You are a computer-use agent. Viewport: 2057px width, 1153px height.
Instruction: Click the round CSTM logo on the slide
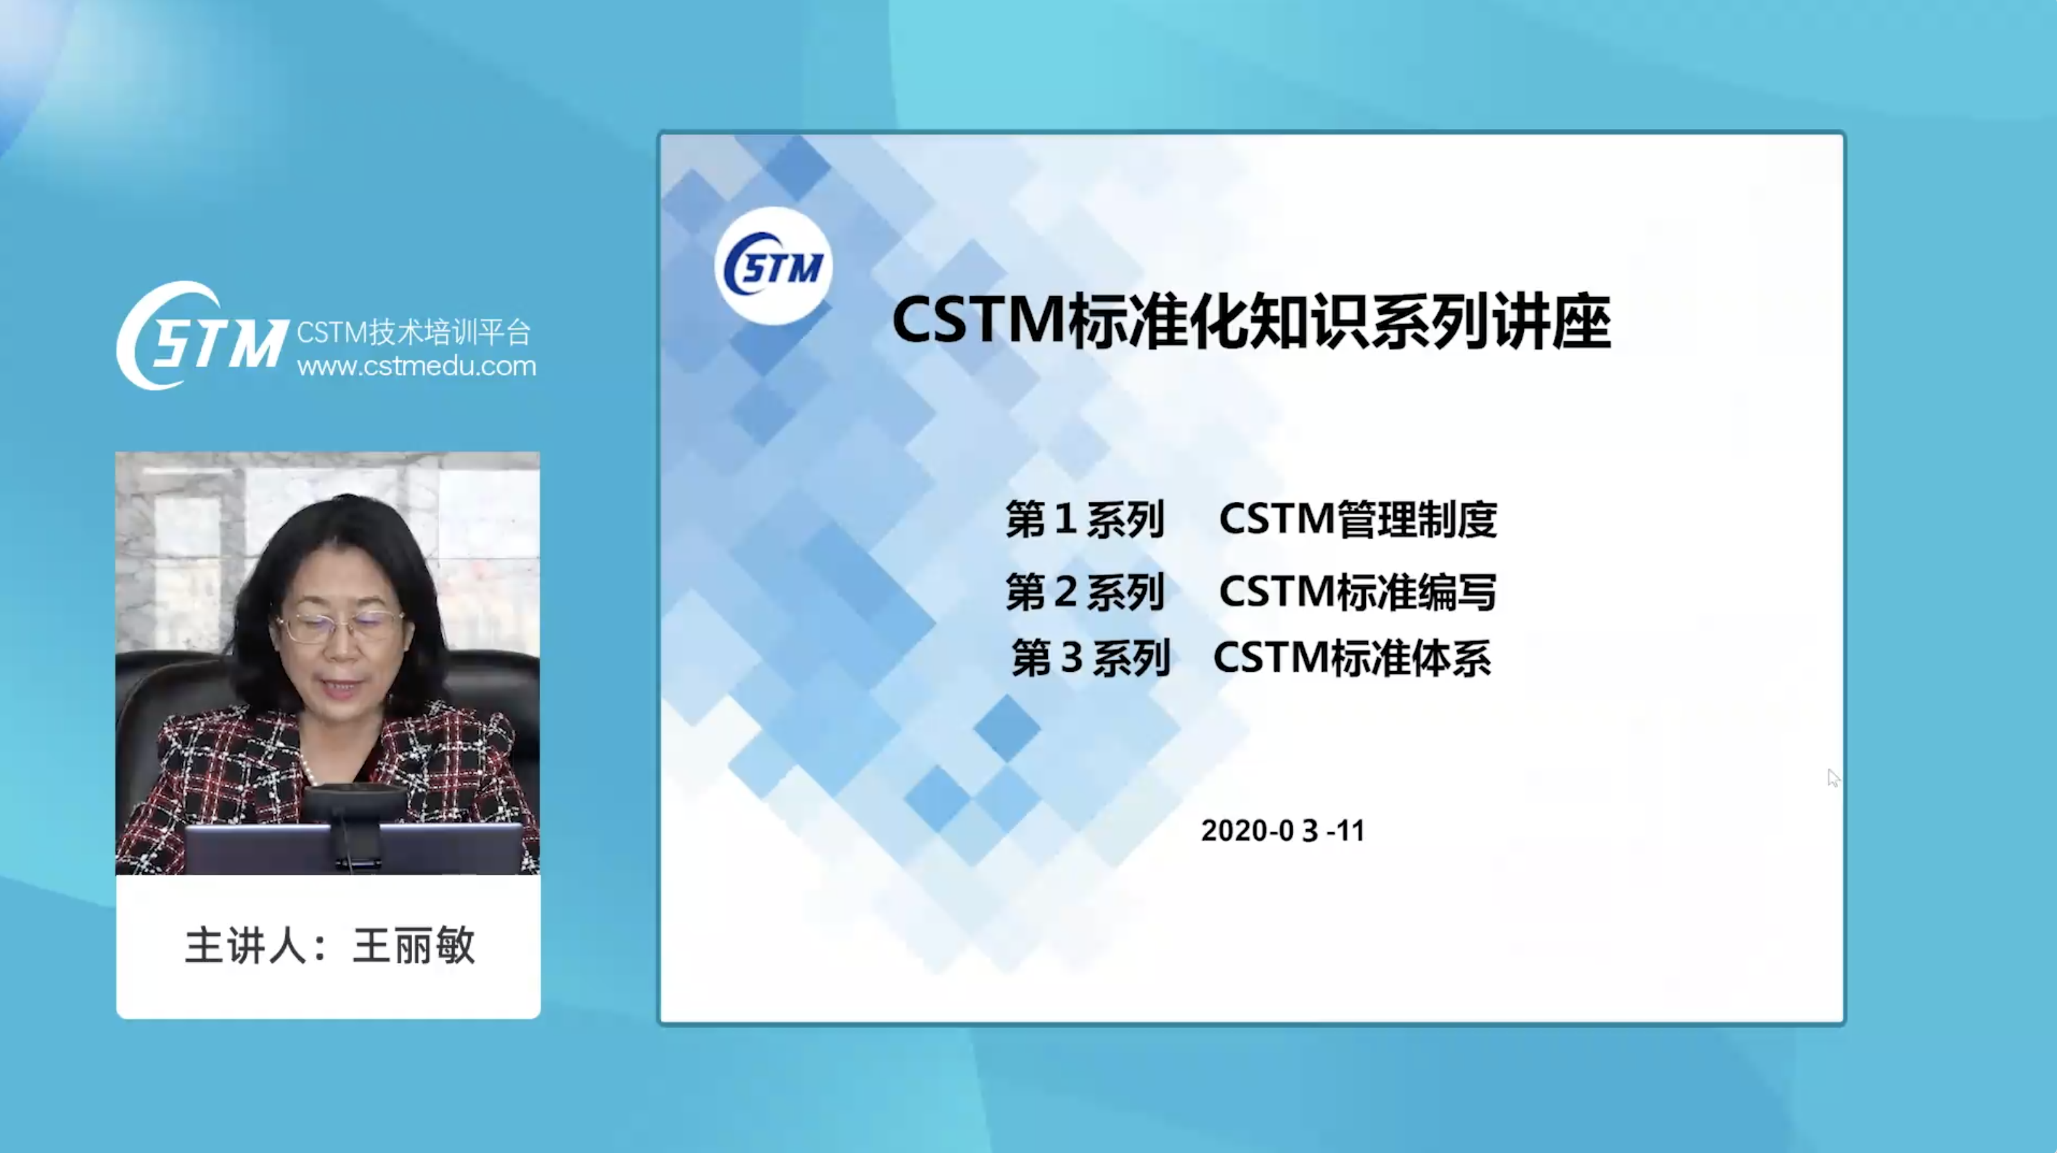(773, 266)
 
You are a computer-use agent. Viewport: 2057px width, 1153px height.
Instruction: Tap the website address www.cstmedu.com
(416, 366)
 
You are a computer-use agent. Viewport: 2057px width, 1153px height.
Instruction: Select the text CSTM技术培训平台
(413, 331)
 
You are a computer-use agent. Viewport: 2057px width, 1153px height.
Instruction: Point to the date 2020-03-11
(1282, 830)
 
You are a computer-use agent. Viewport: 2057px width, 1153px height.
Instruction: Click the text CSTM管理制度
(1358, 519)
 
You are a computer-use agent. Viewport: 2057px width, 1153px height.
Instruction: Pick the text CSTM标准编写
(1358, 592)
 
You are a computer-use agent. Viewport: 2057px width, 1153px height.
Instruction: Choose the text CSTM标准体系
(1352, 659)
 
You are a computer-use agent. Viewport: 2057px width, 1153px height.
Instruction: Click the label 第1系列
(1085, 519)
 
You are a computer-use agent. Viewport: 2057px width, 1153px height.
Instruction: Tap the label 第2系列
(1085, 592)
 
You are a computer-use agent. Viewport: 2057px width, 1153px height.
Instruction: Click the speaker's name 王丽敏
(413, 946)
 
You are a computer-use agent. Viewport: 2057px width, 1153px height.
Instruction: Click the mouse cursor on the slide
(1833, 777)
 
